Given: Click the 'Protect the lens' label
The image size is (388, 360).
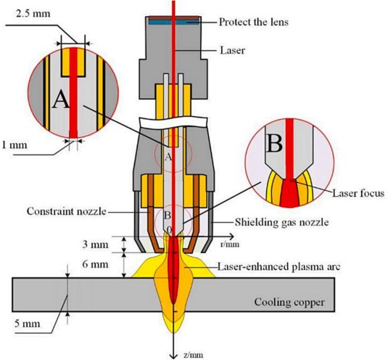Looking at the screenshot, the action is pyautogui.click(x=254, y=22).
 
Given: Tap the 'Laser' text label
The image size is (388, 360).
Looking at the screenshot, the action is pyautogui.click(x=232, y=51).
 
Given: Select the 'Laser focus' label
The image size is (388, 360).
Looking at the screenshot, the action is pyautogui.click(x=358, y=193).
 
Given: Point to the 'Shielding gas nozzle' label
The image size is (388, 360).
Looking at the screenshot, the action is pyautogui.click(x=281, y=222).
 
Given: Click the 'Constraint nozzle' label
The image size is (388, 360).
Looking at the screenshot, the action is pyautogui.click(x=66, y=211).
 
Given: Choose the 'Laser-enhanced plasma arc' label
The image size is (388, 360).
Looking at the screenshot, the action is pyautogui.click(x=279, y=266).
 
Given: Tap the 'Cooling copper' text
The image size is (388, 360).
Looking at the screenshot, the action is pyautogui.click(x=289, y=303).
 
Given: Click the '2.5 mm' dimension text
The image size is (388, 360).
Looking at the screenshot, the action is pyautogui.click(x=33, y=13).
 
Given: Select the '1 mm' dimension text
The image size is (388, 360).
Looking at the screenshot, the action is pyautogui.click(x=14, y=144).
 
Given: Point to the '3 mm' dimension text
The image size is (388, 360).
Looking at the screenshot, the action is pyautogui.click(x=95, y=245).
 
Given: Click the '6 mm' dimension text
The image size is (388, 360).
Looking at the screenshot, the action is pyautogui.click(x=95, y=264).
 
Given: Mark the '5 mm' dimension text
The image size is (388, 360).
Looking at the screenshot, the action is pyautogui.click(x=28, y=324).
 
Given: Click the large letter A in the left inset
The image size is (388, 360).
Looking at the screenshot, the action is pyautogui.click(x=61, y=99).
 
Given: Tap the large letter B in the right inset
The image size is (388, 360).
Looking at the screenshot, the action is pyautogui.click(x=274, y=144).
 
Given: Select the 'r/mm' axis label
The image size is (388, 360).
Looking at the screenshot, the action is pyautogui.click(x=230, y=245).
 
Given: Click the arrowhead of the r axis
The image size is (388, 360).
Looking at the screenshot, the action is pyautogui.click(x=231, y=237).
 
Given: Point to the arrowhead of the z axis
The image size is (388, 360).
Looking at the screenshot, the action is pyautogui.click(x=174, y=356).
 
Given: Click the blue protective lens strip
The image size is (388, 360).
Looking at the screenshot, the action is pyautogui.click(x=174, y=22).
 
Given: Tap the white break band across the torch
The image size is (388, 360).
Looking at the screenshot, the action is pyautogui.click(x=173, y=121).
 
